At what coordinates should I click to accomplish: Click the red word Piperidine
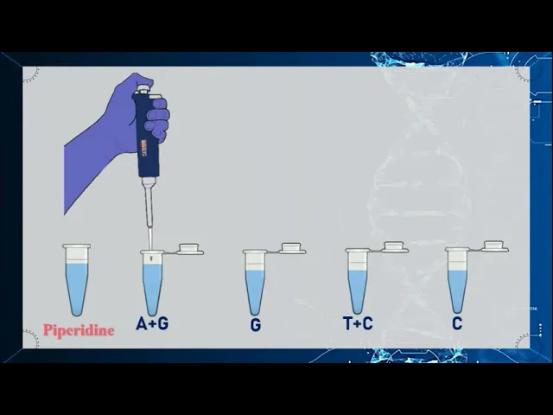[x=79, y=330]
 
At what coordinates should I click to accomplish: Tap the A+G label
[x=152, y=323]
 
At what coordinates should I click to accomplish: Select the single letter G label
[x=256, y=325]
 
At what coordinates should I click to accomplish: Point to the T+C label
[x=358, y=323]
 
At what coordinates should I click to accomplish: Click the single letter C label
[x=457, y=323]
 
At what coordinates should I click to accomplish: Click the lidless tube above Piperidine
[x=77, y=279]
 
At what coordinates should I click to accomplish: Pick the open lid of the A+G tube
[x=189, y=249]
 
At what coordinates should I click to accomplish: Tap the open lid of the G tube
[x=291, y=248]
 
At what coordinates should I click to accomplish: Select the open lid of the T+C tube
[x=394, y=247]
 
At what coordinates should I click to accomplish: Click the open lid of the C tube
[x=493, y=246]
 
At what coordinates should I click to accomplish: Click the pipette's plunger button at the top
[x=143, y=88]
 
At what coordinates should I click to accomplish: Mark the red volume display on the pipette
[x=144, y=148]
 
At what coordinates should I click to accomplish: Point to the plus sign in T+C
[x=358, y=323]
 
